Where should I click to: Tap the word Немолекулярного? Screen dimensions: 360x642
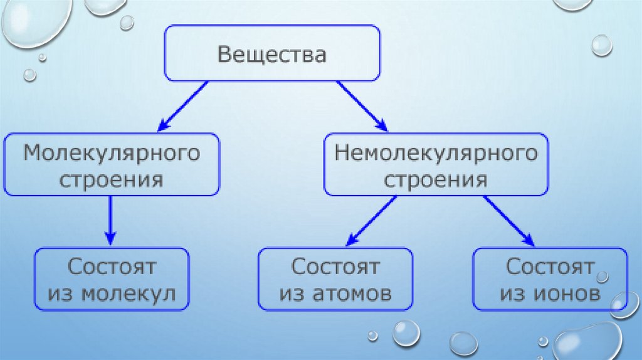tap(436, 154)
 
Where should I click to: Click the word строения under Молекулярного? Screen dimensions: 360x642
tap(112, 179)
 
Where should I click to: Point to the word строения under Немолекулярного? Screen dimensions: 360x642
tap(436, 180)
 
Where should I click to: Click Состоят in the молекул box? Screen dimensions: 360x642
tap(112, 267)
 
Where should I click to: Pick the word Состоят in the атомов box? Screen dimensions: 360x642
tap(335, 267)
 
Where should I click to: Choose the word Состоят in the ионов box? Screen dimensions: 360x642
tap(550, 267)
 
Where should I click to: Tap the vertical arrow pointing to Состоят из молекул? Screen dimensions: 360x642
tap(110, 220)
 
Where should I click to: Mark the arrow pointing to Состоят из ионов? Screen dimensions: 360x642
tap(508, 220)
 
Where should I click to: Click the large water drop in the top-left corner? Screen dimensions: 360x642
tap(34, 22)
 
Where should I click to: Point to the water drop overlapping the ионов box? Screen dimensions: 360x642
tap(624, 305)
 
